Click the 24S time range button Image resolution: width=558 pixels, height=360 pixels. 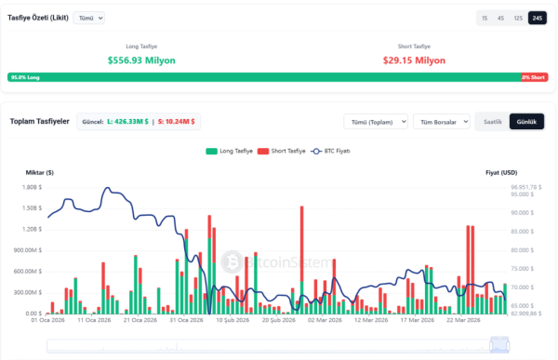pyautogui.click(x=537, y=18)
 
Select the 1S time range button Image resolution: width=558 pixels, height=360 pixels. pyautogui.click(x=484, y=18)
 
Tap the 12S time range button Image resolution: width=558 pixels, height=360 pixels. pyautogui.click(x=518, y=18)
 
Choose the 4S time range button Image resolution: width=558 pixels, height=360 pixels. pyautogui.click(x=500, y=18)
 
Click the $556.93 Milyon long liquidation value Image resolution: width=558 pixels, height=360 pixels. pyautogui.click(x=141, y=60)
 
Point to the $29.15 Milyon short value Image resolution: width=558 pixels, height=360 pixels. pyautogui.click(x=415, y=60)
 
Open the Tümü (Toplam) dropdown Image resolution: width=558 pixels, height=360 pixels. pyautogui.click(x=375, y=121)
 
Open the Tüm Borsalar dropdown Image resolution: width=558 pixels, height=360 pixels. pyautogui.click(x=441, y=121)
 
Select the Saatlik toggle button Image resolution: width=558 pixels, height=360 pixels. pyautogui.click(x=492, y=121)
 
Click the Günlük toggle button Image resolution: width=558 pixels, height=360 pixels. pyautogui.click(x=526, y=121)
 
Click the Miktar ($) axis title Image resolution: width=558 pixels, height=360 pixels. pyautogui.click(x=38, y=172)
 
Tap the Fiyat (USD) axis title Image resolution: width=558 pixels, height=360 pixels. pyautogui.click(x=500, y=172)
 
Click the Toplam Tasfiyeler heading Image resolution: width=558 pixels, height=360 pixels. pyautogui.click(x=39, y=121)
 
